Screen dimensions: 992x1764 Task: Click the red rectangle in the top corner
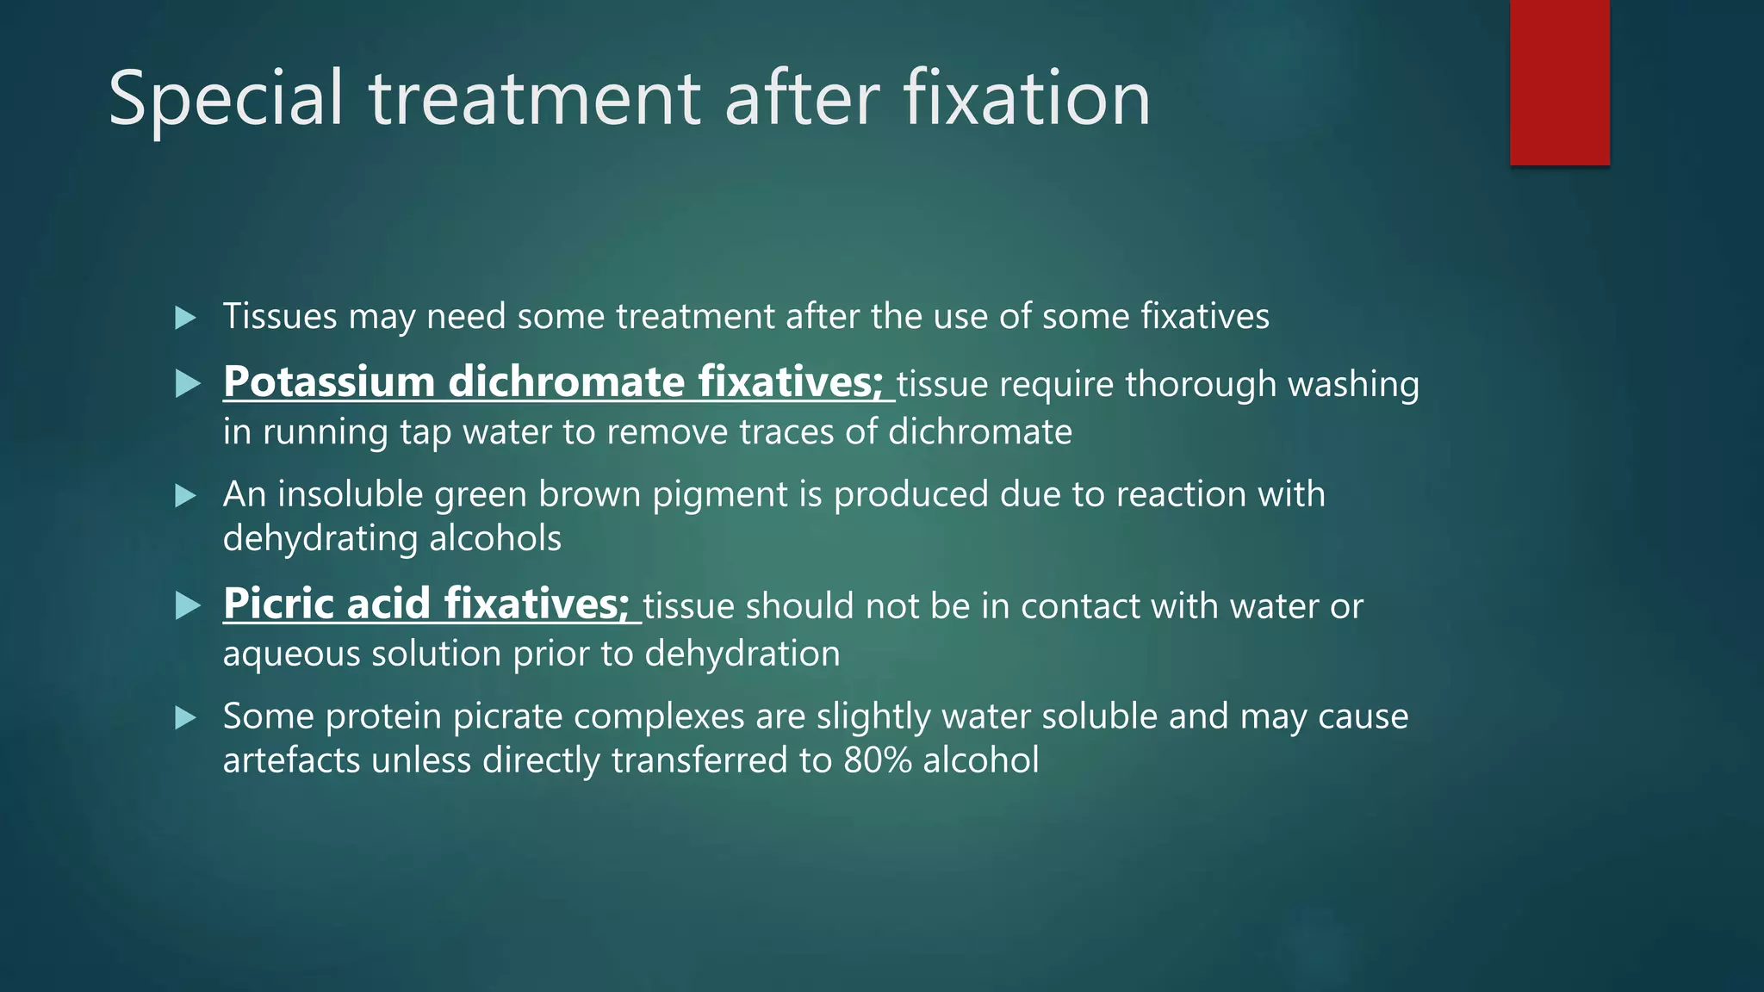pyautogui.click(x=1559, y=82)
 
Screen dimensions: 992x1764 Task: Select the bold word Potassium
pyautogui.click(x=328, y=381)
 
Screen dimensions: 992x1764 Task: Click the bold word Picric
pyautogui.click(x=278, y=604)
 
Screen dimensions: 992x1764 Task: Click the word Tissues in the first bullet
pyautogui.click(x=280, y=316)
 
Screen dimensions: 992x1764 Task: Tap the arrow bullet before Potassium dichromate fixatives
pyautogui.click(x=187, y=383)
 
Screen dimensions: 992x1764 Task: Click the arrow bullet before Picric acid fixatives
pyautogui.click(x=187, y=605)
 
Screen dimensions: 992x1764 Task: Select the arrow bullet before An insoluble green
pyautogui.click(x=185, y=496)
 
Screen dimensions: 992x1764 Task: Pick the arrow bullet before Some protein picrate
pyautogui.click(x=185, y=717)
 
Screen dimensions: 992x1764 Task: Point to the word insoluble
pyautogui.click(x=350, y=494)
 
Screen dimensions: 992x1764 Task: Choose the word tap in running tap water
pyautogui.click(x=425, y=432)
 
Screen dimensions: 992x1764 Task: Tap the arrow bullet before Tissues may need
pyautogui.click(x=185, y=318)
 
